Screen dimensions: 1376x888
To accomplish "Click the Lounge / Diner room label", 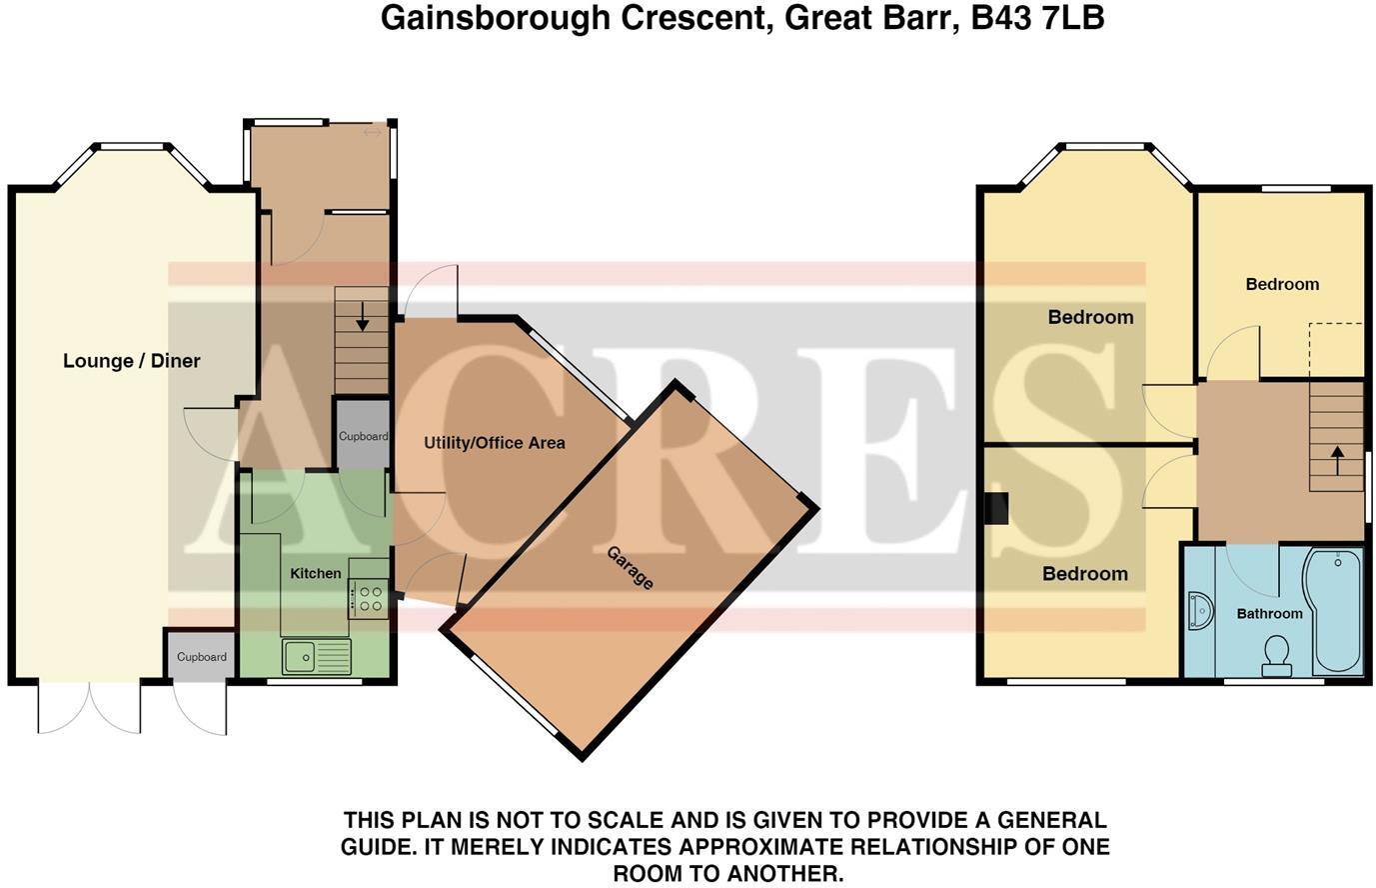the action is pos(131,361).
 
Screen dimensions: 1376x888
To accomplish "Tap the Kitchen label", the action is pos(315,573).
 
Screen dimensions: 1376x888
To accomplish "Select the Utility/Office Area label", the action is pos(494,442).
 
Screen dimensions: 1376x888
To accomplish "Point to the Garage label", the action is pos(631,568).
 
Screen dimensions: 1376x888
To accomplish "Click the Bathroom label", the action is pos(1269,613).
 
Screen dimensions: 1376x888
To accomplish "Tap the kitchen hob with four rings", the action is pos(369,599).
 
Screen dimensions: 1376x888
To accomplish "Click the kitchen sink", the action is pos(316,656).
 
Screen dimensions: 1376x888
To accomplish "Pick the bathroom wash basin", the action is pos(1198,611).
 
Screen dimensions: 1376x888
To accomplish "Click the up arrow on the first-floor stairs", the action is pos(1336,460).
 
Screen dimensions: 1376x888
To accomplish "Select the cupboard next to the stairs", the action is pos(362,436).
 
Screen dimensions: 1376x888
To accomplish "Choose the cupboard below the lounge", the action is pos(201,657).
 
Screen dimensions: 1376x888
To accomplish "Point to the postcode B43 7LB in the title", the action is pos(1037,17).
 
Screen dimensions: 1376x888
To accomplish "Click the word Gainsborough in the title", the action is pos(495,17).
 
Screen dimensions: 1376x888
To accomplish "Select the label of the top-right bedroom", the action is pos(1281,284).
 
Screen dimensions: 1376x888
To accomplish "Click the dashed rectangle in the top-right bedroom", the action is pos(1336,351).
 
